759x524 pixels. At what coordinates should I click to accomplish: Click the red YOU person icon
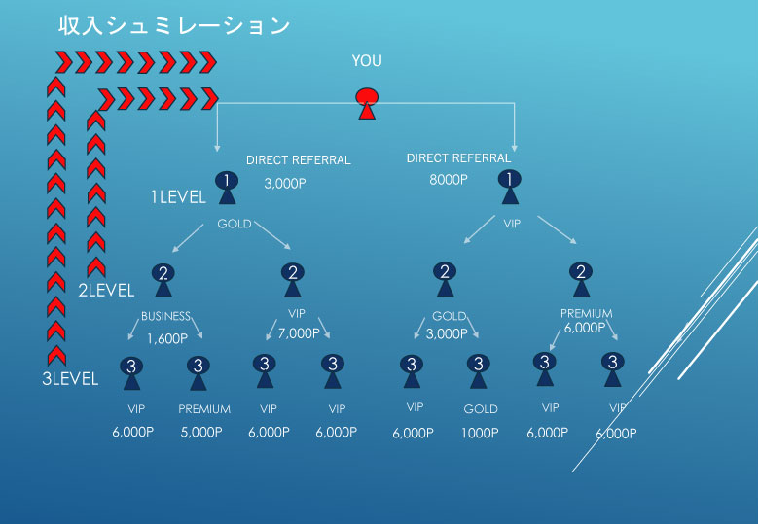click(366, 102)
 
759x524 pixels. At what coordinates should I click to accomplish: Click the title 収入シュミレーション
click(174, 26)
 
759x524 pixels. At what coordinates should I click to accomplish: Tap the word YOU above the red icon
click(367, 61)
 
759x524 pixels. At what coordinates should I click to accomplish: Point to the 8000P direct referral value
click(448, 180)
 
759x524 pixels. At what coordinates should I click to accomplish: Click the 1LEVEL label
click(178, 197)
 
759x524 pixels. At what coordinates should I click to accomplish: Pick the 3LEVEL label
click(70, 379)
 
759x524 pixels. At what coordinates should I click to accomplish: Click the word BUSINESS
click(165, 316)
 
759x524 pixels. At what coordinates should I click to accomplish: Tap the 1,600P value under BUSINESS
click(167, 339)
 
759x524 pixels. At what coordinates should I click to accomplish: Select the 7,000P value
click(299, 333)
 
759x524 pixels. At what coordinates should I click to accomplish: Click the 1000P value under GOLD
click(481, 433)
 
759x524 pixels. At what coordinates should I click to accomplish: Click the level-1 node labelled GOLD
click(226, 187)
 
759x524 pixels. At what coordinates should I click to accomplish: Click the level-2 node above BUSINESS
click(163, 278)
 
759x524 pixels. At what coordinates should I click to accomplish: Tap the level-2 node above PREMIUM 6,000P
click(580, 277)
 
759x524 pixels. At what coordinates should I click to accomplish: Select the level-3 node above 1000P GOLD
click(478, 370)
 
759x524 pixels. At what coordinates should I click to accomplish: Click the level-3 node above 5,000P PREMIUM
click(199, 370)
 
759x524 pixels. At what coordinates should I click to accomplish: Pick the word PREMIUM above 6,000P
click(586, 314)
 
